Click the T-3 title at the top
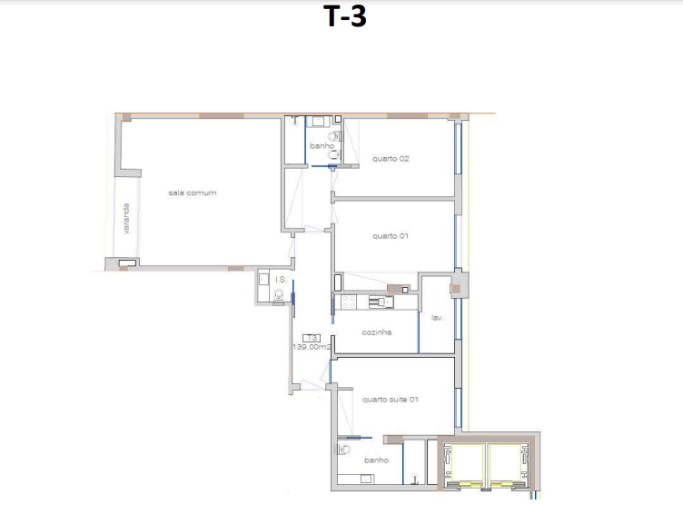[344, 16]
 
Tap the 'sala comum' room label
[193, 193]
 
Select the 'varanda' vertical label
[126, 219]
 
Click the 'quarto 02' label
[391, 159]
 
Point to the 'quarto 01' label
[391, 236]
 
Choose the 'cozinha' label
[376, 332]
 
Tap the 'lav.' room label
[437, 318]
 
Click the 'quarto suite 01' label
[390, 400]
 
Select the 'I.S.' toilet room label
[281, 280]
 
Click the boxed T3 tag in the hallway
[312, 338]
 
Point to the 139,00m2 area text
[312, 347]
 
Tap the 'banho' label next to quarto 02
[322, 146]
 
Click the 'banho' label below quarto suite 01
[376, 460]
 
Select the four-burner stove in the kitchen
[349, 302]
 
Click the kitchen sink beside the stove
[381, 302]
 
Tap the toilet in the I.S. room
[278, 296]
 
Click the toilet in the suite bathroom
[343, 450]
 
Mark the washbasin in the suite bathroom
[366, 479]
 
